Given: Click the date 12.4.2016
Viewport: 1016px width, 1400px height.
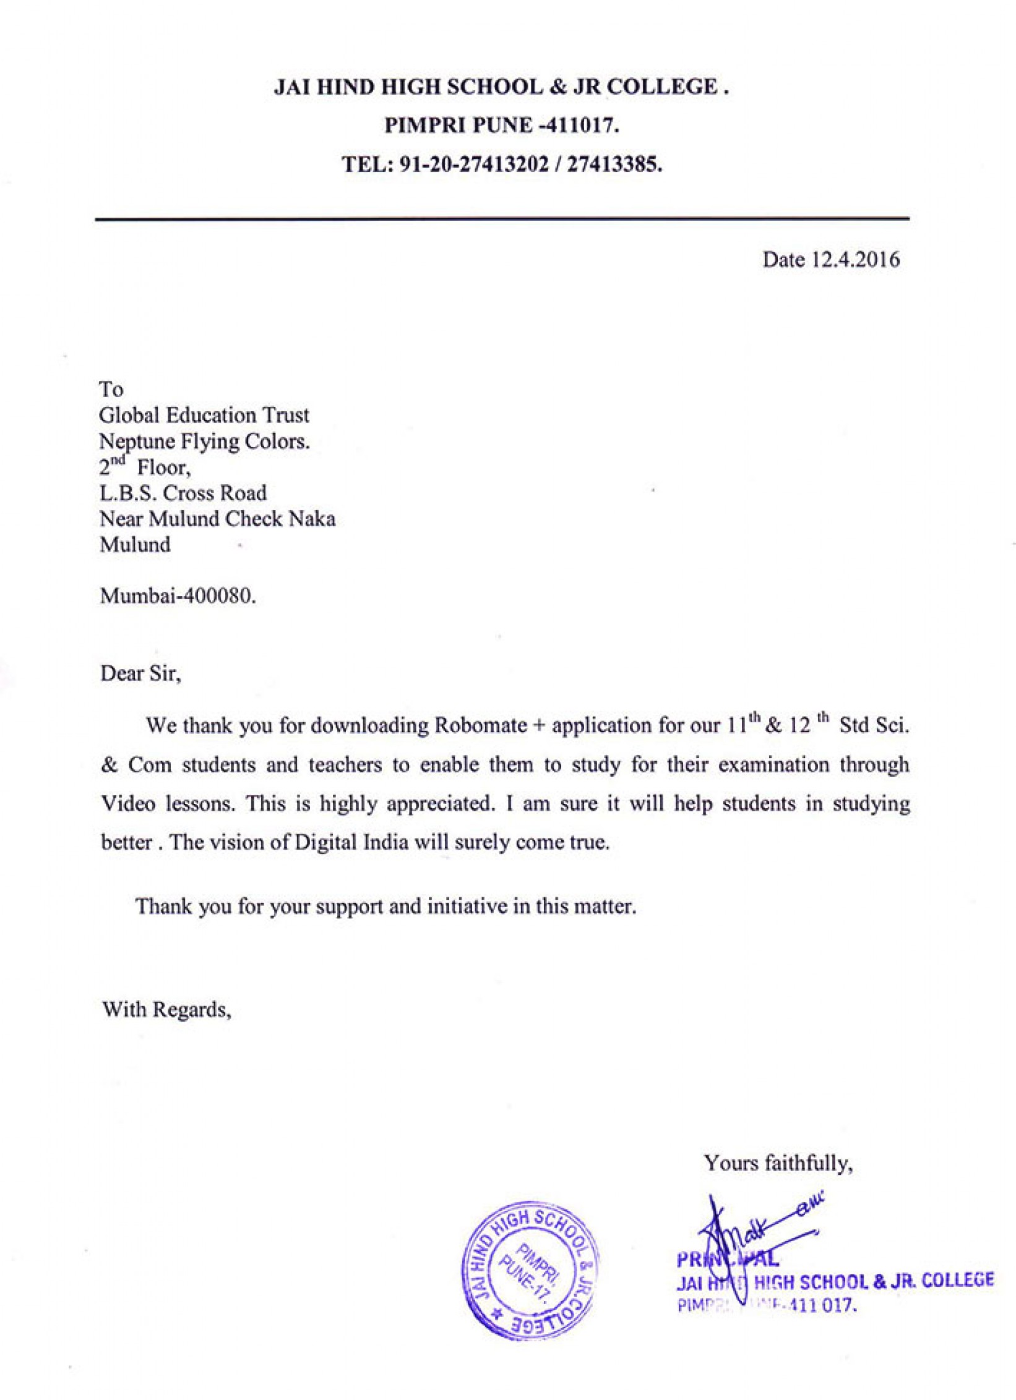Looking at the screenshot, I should click(x=855, y=260).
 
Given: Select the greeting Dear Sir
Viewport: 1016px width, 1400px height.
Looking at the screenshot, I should click(x=140, y=673).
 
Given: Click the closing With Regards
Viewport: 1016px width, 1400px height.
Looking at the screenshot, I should click(x=166, y=1009).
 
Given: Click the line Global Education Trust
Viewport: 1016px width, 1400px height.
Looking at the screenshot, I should click(x=204, y=415).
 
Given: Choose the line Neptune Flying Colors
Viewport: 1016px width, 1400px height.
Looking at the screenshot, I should click(x=204, y=442).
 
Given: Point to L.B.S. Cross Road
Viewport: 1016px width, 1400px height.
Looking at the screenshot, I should click(x=183, y=493).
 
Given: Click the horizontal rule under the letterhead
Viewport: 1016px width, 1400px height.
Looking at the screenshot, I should click(x=501, y=218).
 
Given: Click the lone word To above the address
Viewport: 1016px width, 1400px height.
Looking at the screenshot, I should click(x=111, y=389).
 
